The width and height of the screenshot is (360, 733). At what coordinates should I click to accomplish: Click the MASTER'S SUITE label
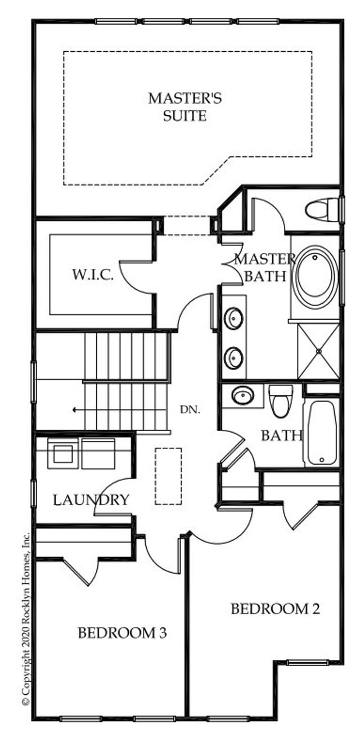pyautogui.click(x=184, y=107)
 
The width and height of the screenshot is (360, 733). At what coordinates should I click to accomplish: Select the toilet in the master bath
pyautogui.click(x=322, y=210)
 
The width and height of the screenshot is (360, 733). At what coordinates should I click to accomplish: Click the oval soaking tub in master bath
pyautogui.click(x=314, y=278)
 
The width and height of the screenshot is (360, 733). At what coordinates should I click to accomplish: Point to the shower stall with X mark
pyautogui.click(x=318, y=351)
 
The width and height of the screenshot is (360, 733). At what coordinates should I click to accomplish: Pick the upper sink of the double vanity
pyautogui.click(x=233, y=318)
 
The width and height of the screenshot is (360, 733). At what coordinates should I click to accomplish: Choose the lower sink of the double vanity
pyautogui.click(x=233, y=357)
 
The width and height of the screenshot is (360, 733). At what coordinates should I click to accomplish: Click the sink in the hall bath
pyautogui.click(x=242, y=395)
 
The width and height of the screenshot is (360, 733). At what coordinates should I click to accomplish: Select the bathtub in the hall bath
pyautogui.click(x=321, y=432)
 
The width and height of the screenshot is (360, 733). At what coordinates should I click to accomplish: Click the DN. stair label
pyautogui.click(x=187, y=410)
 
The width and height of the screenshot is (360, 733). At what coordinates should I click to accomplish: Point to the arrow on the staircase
pyautogui.click(x=75, y=410)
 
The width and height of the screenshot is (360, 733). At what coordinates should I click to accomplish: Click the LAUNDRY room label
pyautogui.click(x=91, y=500)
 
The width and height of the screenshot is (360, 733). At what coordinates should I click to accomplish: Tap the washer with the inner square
pyautogui.click(x=63, y=453)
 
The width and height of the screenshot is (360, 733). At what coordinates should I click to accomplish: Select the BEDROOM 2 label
pyautogui.click(x=275, y=609)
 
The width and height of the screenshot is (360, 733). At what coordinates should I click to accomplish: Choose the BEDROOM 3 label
pyautogui.click(x=121, y=633)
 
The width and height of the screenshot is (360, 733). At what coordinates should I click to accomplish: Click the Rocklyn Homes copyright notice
pyautogui.click(x=25, y=619)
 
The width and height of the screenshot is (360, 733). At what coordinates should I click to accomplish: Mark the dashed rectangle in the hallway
pyautogui.click(x=168, y=476)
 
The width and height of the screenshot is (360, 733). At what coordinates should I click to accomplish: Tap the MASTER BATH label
pyautogui.click(x=263, y=268)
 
